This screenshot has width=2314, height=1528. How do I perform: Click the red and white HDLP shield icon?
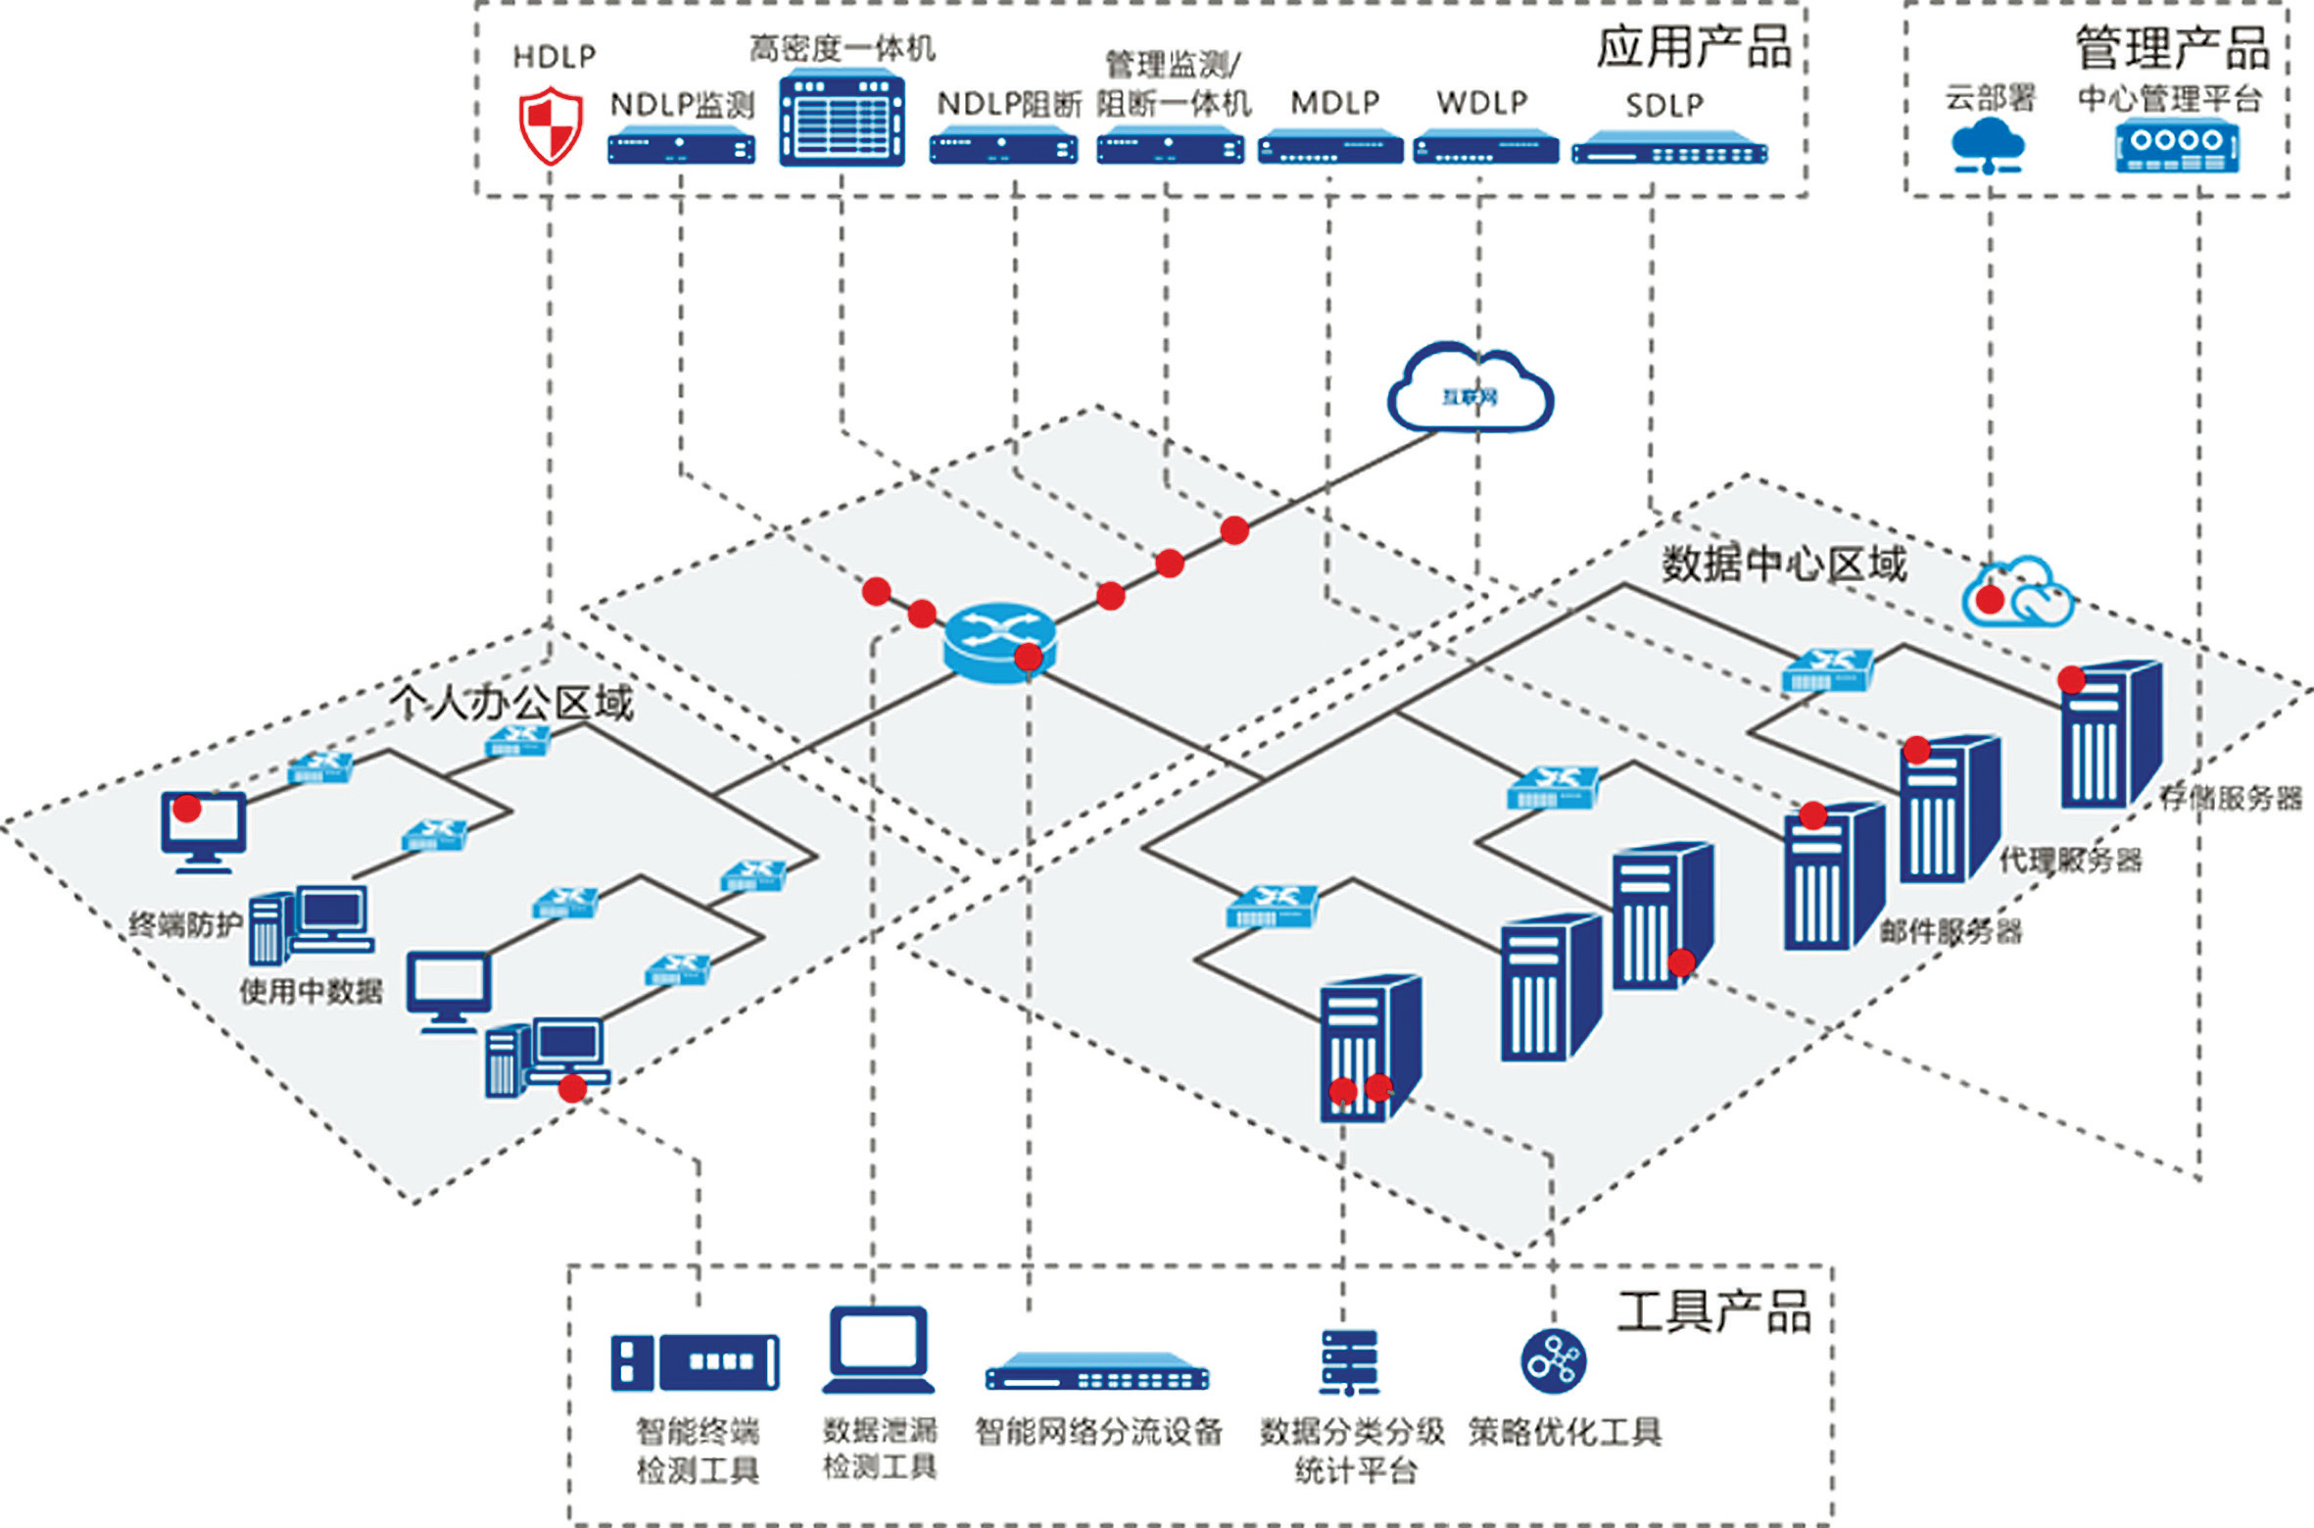click(x=551, y=125)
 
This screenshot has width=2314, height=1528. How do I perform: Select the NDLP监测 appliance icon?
click(x=681, y=148)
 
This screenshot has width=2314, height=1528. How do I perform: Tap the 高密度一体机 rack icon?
click(x=842, y=118)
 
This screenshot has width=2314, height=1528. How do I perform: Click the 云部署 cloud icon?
click(x=1988, y=145)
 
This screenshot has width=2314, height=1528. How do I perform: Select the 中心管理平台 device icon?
click(x=2177, y=145)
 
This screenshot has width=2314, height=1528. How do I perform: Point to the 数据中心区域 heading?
click(x=1783, y=565)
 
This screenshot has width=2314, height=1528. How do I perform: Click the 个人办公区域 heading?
click(x=511, y=702)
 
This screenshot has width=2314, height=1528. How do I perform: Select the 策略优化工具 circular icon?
click(x=1553, y=1360)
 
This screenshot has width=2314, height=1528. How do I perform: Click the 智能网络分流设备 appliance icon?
click(x=1096, y=1371)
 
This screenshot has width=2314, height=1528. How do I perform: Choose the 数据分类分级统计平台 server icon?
click(x=1349, y=1361)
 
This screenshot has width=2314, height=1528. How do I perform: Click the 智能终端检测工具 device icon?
click(x=695, y=1362)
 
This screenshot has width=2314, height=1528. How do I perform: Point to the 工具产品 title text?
click(x=1713, y=1311)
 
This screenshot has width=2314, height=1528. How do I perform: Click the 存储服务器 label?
click(x=2230, y=798)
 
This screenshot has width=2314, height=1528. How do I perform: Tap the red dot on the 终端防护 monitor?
click(x=187, y=809)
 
